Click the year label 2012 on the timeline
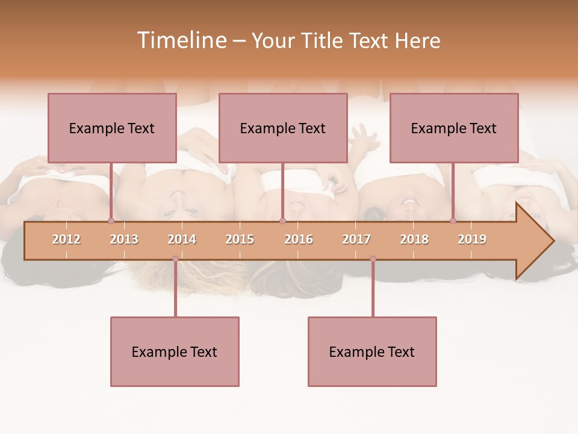coord(66,239)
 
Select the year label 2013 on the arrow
coord(124,239)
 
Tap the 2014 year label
coord(182,239)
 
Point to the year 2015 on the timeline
coord(240,239)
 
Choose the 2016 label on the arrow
coord(299,239)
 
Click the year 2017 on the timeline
coord(356,239)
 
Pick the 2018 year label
coord(414,239)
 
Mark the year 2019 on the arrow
coord(472,239)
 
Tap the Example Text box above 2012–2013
coord(112,128)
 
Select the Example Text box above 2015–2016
coord(283,128)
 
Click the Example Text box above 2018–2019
coord(454,128)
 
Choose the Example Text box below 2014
coord(175,351)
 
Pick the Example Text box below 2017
coord(372,351)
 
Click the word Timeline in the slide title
coord(181,40)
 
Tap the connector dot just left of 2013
coord(111,221)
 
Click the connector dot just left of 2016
coord(282,221)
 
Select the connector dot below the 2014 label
coord(175,259)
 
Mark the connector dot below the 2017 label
coord(373,259)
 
